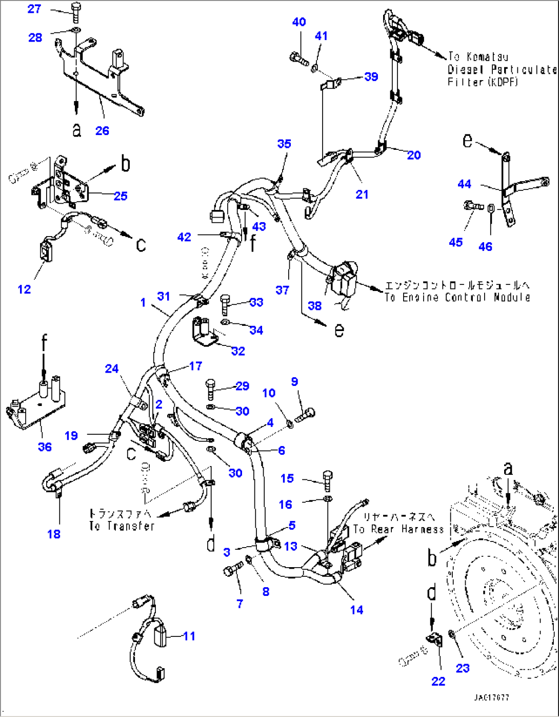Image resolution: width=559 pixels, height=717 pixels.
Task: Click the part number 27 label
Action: point(34,9)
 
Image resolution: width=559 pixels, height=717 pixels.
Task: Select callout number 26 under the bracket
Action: point(102,131)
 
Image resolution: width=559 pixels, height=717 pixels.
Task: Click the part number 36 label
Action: point(45,447)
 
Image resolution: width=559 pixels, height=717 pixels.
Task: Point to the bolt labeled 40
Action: point(298,58)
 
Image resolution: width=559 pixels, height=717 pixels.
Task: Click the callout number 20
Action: point(413,155)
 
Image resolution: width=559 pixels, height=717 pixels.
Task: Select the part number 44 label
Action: point(464,184)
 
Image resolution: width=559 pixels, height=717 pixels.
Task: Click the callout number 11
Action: point(189,636)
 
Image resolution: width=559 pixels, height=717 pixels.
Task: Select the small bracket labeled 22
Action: point(434,641)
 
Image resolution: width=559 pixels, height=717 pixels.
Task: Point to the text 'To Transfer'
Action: point(122,526)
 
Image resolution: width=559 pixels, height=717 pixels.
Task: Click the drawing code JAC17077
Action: point(491,698)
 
